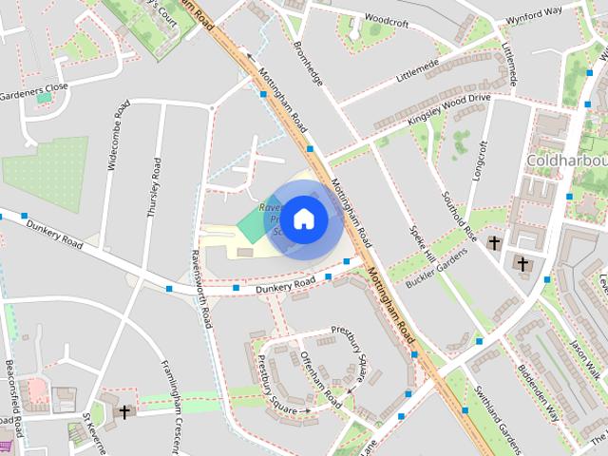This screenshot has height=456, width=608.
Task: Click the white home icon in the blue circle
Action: (x=304, y=218)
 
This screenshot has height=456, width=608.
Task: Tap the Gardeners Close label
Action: (x=34, y=91)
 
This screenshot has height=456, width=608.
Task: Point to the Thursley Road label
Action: (x=154, y=188)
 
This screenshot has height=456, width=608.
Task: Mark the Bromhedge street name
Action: (x=308, y=64)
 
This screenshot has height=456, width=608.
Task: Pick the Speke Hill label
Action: (x=422, y=244)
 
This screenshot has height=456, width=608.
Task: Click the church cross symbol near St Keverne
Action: (x=125, y=412)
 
